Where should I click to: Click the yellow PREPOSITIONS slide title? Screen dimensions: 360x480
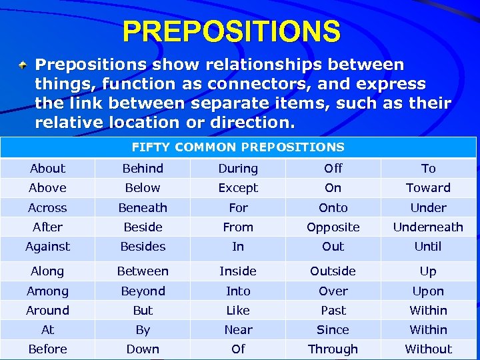click(x=231, y=31)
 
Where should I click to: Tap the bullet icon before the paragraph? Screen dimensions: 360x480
click(x=23, y=65)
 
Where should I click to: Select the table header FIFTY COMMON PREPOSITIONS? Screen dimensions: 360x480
click(x=238, y=147)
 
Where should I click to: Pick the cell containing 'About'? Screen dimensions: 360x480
click(x=48, y=169)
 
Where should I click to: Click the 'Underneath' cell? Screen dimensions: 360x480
click(x=428, y=227)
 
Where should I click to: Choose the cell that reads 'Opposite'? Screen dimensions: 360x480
click(x=333, y=227)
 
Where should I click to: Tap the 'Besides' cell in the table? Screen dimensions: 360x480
click(x=143, y=247)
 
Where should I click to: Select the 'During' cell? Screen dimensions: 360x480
click(x=238, y=169)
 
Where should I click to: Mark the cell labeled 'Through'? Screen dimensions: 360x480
click(x=333, y=349)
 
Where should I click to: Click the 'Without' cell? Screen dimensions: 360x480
click(x=428, y=349)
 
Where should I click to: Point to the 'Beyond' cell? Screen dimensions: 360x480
click(x=143, y=291)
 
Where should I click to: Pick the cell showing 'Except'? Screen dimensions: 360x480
click(x=238, y=188)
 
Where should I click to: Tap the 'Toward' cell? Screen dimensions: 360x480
click(x=428, y=188)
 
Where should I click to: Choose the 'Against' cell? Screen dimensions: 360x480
click(x=48, y=247)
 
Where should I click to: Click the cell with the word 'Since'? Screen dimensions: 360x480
click(x=333, y=330)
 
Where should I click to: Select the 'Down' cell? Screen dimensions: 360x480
click(x=143, y=349)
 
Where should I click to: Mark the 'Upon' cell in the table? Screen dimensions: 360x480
click(x=428, y=291)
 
